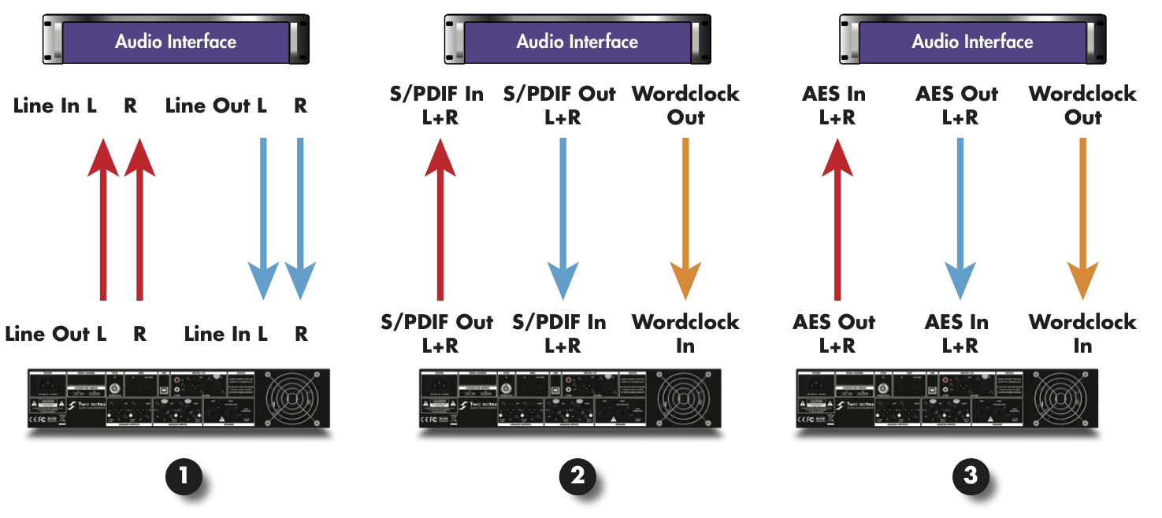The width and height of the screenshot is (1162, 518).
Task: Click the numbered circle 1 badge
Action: tap(184, 475)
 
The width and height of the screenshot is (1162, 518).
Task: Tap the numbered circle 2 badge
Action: tap(577, 475)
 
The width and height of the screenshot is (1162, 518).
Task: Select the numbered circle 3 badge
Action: tap(971, 475)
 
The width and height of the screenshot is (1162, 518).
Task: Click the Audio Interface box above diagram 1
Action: tap(176, 42)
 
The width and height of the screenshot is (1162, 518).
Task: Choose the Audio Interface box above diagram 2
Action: tap(577, 42)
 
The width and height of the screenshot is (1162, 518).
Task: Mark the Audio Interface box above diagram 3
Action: tap(972, 42)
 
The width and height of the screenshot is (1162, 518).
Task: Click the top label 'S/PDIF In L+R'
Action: tap(436, 105)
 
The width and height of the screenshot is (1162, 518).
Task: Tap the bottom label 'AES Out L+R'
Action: tap(834, 333)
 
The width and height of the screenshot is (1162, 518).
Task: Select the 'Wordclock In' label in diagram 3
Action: tap(1082, 333)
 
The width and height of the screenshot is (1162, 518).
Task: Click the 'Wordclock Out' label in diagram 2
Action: tap(685, 105)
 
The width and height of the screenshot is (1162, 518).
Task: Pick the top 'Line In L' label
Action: tap(55, 106)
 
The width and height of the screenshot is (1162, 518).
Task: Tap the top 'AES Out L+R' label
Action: tap(957, 105)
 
